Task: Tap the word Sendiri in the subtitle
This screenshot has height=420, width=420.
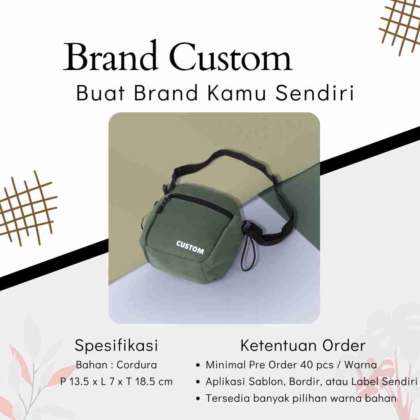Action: tap(315, 93)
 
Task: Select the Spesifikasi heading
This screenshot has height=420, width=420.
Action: tap(116, 346)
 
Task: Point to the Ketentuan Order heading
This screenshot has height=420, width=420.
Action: tap(303, 345)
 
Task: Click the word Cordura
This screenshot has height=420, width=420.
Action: tap(137, 365)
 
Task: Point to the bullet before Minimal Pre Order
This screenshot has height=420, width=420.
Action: tap(198, 365)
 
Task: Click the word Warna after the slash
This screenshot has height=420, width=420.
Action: tap(360, 365)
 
